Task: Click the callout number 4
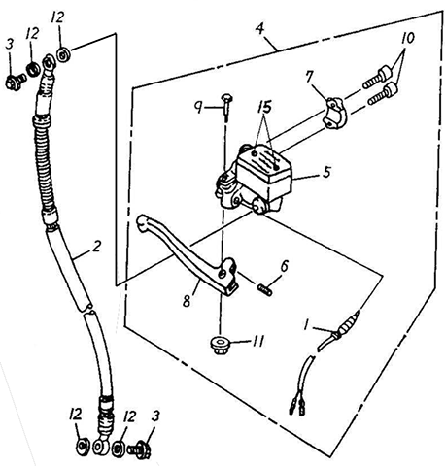(x=260, y=28)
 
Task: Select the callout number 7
(x=310, y=77)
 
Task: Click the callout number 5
(x=327, y=172)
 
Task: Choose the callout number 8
(x=187, y=301)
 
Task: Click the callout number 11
(x=258, y=341)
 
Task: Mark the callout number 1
(x=305, y=325)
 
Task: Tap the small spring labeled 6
(x=265, y=288)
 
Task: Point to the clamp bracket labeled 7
(x=334, y=114)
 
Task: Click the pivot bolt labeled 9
(x=225, y=107)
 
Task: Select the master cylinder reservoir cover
(x=263, y=162)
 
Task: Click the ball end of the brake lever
(x=142, y=222)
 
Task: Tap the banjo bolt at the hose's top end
(x=16, y=82)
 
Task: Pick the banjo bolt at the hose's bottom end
(x=139, y=449)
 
